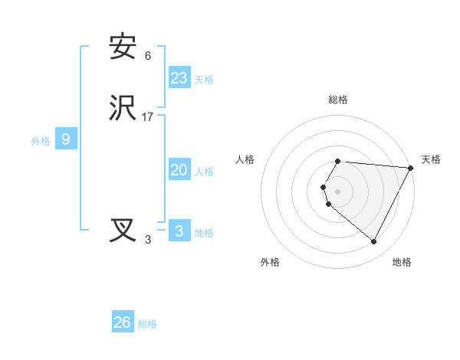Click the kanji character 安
(x=123, y=47)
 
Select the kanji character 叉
(x=123, y=231)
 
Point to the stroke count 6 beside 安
(x=148, y=56)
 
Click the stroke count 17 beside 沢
(x=148, y=117)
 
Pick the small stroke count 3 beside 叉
(x=148, y=240)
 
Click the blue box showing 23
(x=179, y=78)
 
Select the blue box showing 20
(x=179, y=171)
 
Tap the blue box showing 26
(x=123, y=322)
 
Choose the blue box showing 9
(x=66, y=139)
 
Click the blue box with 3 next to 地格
(x=179, y=231)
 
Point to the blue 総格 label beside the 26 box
(x=147, y=324)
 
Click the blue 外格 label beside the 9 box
(x=41, y=141)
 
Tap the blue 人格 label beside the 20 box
(x=205, y=172)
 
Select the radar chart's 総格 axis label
(x=338, y=100)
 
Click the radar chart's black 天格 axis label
(x=431, y=159)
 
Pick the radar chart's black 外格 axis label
(x=270, y=262)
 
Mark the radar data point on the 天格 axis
(x=410, y=168)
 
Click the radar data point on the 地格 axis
(x=374, y=242)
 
